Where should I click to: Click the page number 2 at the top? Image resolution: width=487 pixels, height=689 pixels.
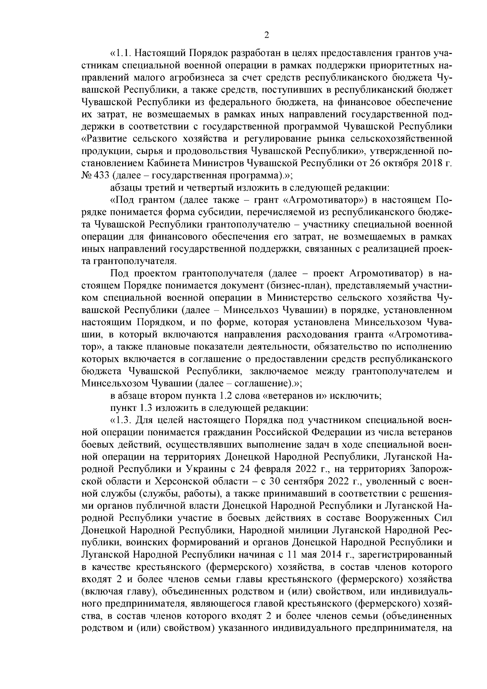(x=266, y=35)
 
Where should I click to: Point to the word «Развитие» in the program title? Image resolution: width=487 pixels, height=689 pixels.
(x=105, y=139)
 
